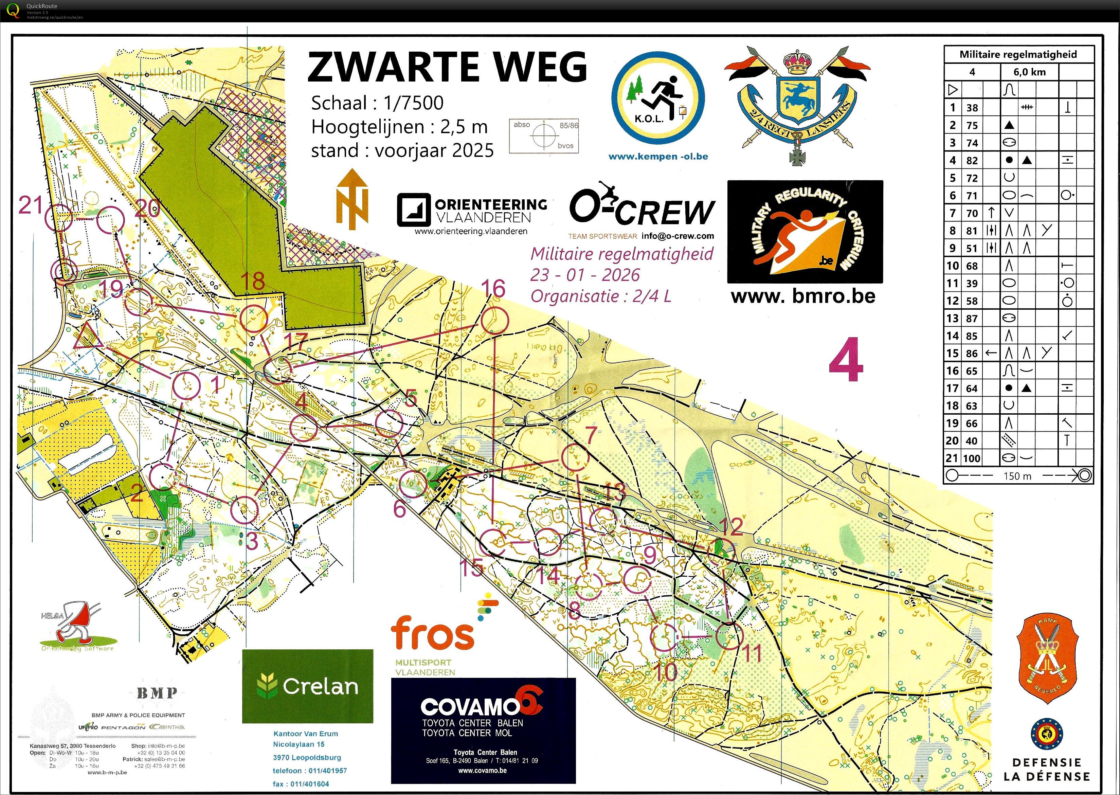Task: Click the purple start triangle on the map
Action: [88, 337]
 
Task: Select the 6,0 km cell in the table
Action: [1029, 72]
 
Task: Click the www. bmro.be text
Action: [803, 296]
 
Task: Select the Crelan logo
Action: [307, 686]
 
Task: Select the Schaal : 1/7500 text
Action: [377, 103]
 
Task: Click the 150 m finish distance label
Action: [1017, 476]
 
